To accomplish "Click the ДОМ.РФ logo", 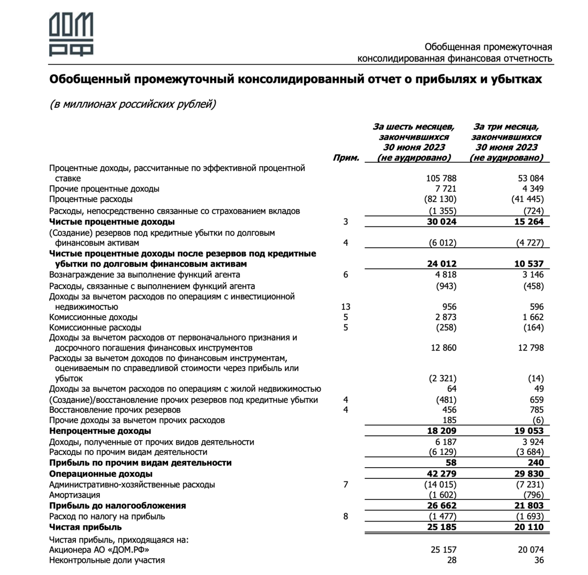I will [71, 34].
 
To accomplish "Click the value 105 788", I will [440, 178].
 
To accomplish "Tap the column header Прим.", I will [346, 158].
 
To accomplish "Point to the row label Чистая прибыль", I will [86, 527].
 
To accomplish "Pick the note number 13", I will [345, 307].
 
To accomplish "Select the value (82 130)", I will [440, 199].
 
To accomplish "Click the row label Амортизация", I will [74, 495].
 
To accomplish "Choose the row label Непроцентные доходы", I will [100, 431].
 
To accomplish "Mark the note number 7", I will [345, 485].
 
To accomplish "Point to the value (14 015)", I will [440, 485].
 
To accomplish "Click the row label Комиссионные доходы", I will [93, 317].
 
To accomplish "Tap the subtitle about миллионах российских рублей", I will [132, 104].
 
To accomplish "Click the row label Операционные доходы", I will [101, 474].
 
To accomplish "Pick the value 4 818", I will [443, 275].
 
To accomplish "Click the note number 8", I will [345, 516].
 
